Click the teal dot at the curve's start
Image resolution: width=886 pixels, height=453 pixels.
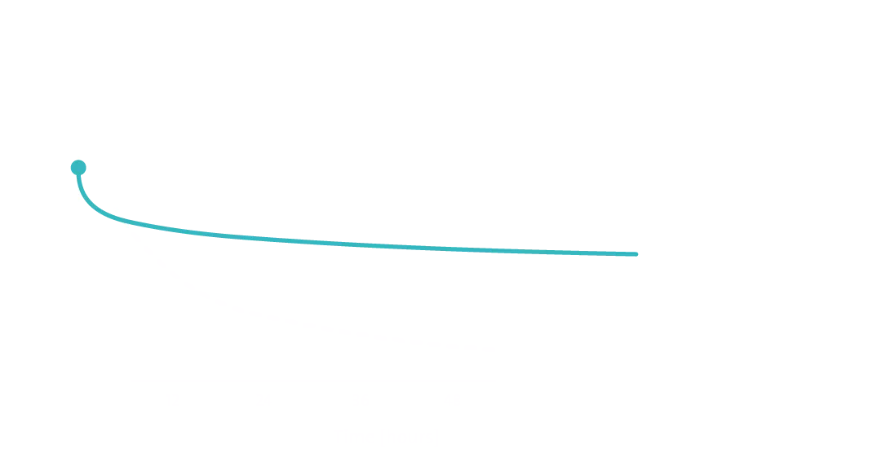pyautogui.click(x=78, y=168)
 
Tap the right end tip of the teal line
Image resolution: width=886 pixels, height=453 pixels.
pyautogui.click(x=637, y=254)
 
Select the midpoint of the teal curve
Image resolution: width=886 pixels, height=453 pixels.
pyautogui.click(x=359, y=244)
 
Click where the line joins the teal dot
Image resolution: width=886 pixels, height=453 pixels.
pyautogui.click(x=78, y=176)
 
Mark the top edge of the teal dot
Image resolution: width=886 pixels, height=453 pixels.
pyautogui.click(x=78, y=160)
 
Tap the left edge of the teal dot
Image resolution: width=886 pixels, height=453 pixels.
pyautogui.click(x=70, y=168)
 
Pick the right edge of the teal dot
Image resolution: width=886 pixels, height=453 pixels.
pyautogui.click(x=86, y=168)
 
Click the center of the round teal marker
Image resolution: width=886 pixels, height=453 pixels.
pyautogui.click(x=78, y=168)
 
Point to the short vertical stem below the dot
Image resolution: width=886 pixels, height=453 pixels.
pyautogui.click(x=79, y=183)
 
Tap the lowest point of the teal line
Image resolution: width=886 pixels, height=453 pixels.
pyautogui.click(x=636, y=255)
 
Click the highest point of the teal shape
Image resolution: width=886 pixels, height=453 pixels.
pyautogui.click(x=78, y=160)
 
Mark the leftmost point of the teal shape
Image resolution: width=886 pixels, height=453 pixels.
pyautogui.click(x=70, y=168)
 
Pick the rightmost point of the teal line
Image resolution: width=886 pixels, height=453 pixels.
pyautogui.click(x=638, y=254)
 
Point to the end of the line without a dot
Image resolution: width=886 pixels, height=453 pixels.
pyautogui.click(x=637, y=254)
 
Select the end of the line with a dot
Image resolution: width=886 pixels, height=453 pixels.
pyautogui.click(x=78, y=168)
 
